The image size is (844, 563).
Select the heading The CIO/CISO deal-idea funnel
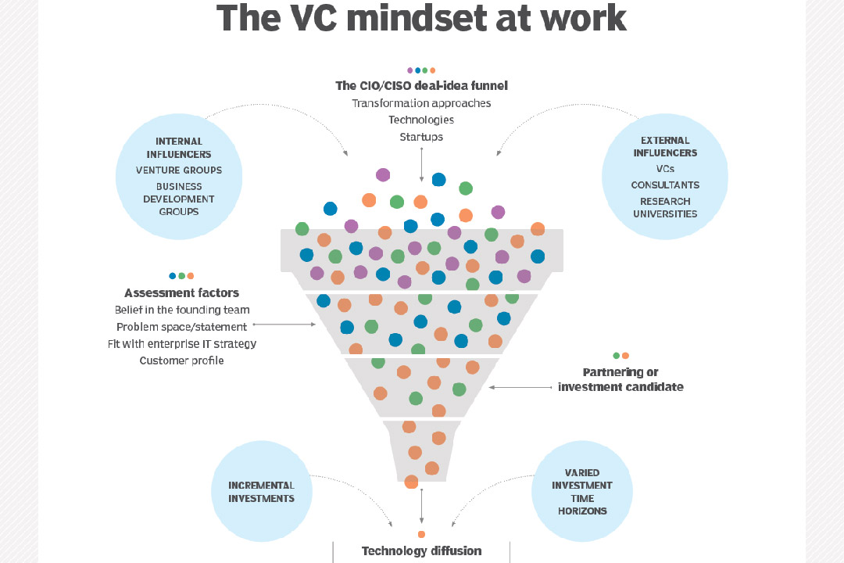[421, 86]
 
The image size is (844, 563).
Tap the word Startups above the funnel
[421, 137]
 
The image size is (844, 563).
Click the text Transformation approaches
[421, 103]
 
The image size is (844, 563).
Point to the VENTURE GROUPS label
[179, 170]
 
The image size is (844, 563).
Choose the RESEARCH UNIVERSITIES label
[665, 207]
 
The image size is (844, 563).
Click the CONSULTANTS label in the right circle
[665, 185]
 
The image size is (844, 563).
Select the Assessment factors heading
[181, 293]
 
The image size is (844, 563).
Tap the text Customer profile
[181, 360]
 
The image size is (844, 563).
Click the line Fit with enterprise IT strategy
[181, 343]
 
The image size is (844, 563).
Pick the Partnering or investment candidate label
[620, 379]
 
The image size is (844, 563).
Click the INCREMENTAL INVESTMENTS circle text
[261, 492]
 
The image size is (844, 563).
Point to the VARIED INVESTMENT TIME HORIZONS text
[582, 492]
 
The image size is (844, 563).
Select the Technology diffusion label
[421, 550]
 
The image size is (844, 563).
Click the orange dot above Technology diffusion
[421, 534]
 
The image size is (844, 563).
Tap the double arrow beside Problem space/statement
[284, 324]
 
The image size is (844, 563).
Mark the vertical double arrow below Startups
[422, 163]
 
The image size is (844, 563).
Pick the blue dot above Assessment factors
[172, 276]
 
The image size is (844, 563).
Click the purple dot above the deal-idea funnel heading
[409, 70]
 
